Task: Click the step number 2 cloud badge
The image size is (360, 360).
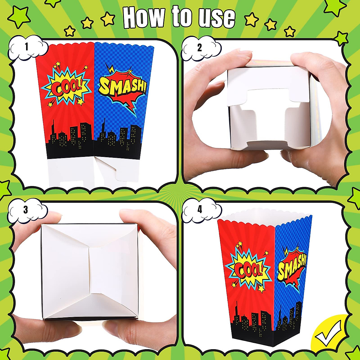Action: point(199,48)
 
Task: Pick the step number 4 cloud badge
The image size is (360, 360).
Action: point(199,210)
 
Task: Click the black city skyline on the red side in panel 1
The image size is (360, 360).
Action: point(70,141)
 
